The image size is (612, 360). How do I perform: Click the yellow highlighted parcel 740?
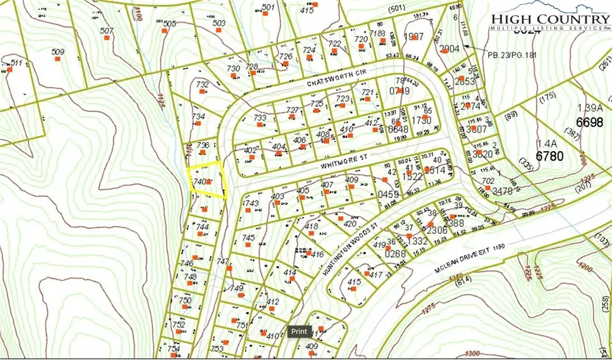pos(206,182)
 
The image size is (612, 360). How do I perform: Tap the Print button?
pos(299,331)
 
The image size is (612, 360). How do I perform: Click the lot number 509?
pos(58,52)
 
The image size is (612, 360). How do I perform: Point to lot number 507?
pos(106,31)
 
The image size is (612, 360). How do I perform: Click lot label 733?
pos(260,118)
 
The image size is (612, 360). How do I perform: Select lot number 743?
pos(252,203)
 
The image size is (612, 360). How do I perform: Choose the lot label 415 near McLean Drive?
pos(354,282)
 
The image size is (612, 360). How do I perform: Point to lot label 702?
pos(488,181)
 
